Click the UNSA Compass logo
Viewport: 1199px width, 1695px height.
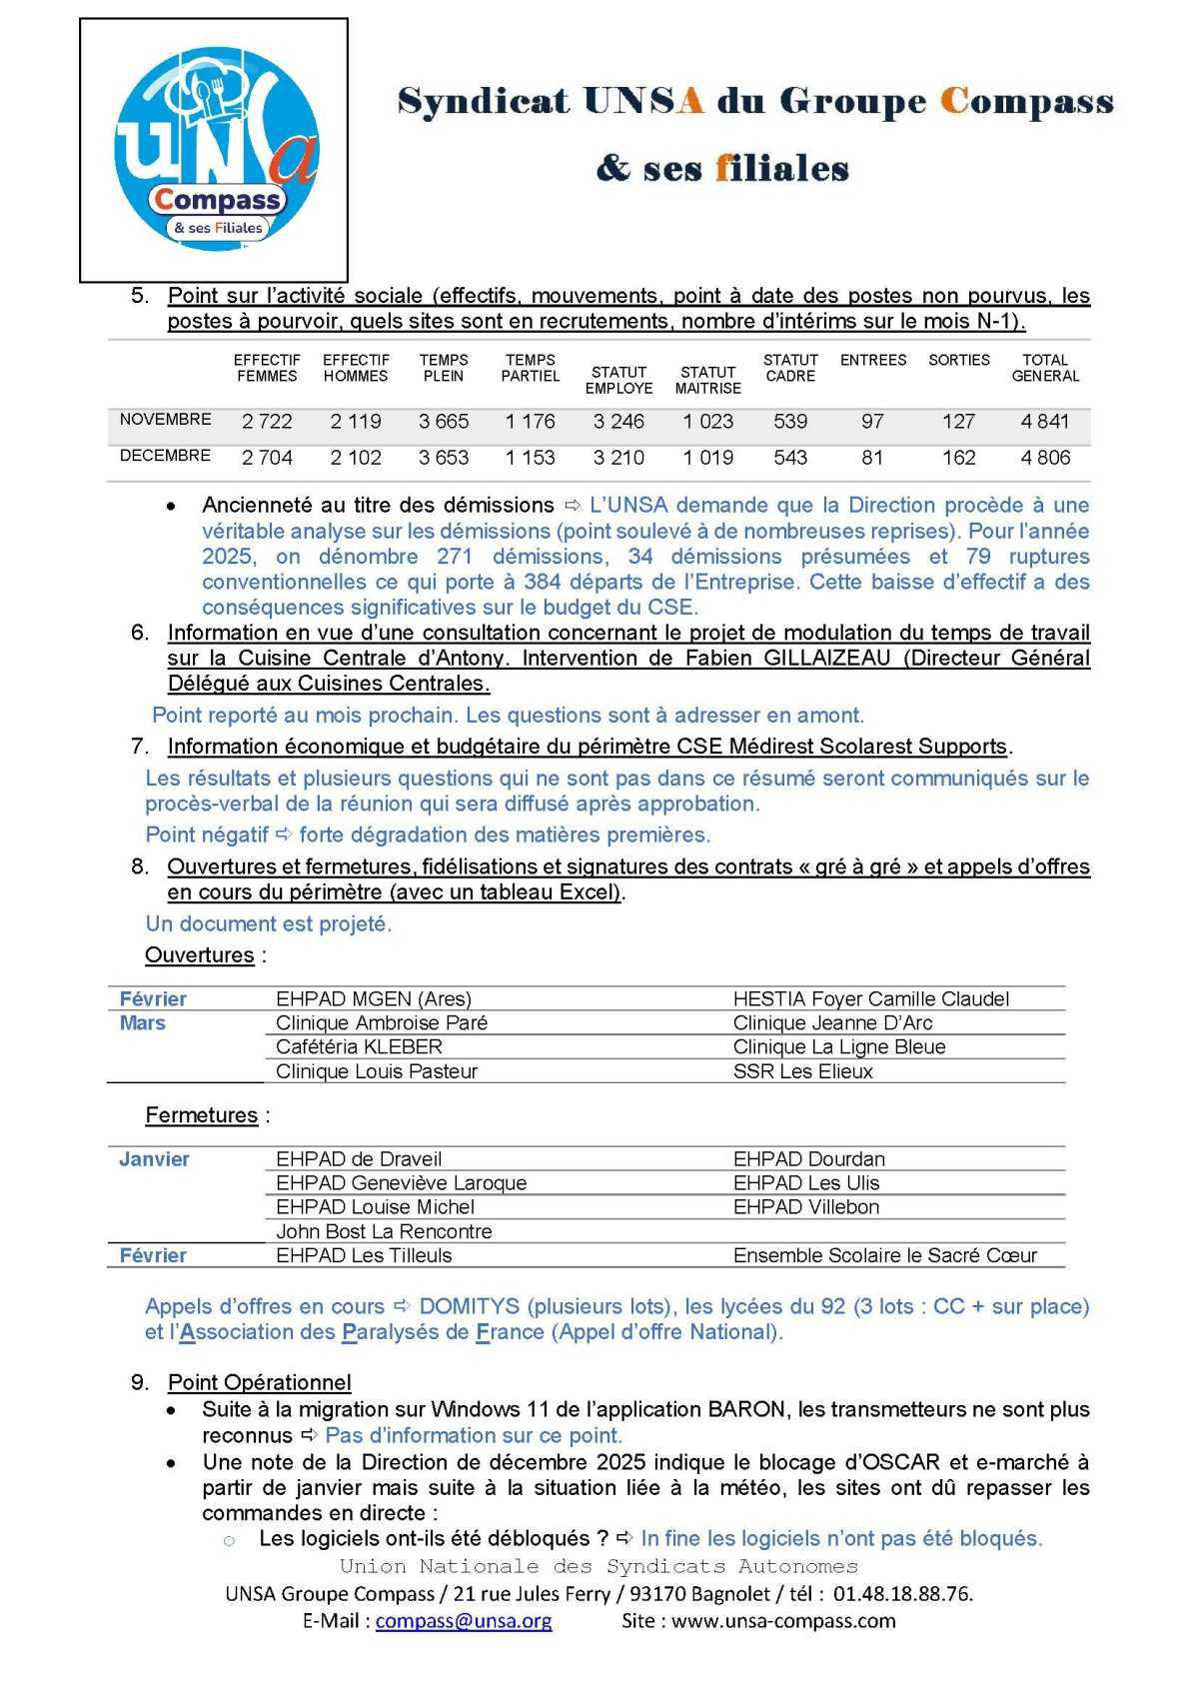(x=214, y=150)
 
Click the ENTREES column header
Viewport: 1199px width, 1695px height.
(x=873, y=360)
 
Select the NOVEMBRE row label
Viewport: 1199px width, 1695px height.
(x=165, y=420)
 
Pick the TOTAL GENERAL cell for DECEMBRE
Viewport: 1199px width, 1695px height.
(x=1045, y=458)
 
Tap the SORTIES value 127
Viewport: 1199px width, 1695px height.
(x=958, y=422)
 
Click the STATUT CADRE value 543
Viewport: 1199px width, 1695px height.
(x=789, y=458)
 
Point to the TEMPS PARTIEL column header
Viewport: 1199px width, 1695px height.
(x=530, y=368)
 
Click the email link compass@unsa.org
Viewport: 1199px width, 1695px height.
(x=464, y=1621)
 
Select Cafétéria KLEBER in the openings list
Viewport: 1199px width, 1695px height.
(x=359, y=1046)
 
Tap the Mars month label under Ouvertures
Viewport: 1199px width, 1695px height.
(x=143, y=1022)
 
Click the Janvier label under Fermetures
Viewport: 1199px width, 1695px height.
(x=154, y=1159)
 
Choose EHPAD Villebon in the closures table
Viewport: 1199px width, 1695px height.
(x=805, y=1207)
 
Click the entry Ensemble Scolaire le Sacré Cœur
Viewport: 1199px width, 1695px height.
(x=884, y=1255)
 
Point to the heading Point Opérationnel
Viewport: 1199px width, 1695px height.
(x=259, y=1382)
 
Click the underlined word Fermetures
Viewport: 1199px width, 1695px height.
(x=201, y=1115)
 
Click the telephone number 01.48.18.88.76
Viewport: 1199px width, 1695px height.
(x=902, y=1594)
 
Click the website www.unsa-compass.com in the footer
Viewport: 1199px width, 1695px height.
(x=783, y=1621)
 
